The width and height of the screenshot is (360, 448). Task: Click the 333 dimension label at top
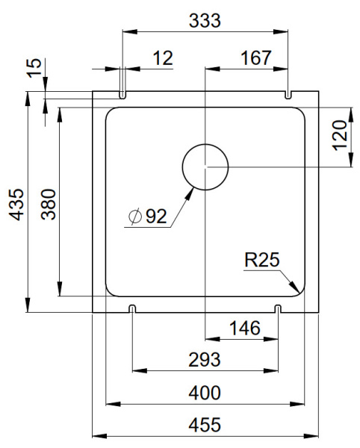(205, 21)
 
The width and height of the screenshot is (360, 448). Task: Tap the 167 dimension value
(255, 57)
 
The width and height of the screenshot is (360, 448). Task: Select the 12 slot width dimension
(163, 57)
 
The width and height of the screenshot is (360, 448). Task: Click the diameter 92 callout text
(148, 217)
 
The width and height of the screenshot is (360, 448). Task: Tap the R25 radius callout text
(261, 261)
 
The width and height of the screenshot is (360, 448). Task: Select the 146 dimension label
(243, 328)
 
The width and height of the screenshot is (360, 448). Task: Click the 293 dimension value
(205, 360)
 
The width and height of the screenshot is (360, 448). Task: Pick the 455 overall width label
(205, 425)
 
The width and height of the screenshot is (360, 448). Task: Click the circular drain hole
(205, 165)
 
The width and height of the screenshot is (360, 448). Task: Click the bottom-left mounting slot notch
(132, 308)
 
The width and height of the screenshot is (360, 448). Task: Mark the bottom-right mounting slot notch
(279, 308)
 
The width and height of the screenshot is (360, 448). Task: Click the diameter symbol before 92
(134, 217)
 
